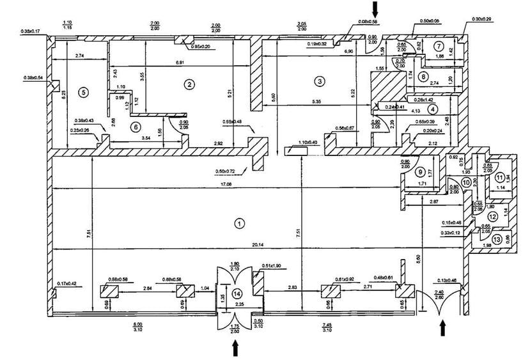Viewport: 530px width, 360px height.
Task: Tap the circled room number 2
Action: pyautogui.click(x=189, y=83)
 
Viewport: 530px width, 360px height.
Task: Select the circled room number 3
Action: pyautogui.click(x=319, y=81)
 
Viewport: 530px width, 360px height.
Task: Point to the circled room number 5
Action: pyautogui.click(x=82, y=91)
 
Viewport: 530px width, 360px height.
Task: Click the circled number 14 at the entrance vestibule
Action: pyautogui.click(x=238, y=293)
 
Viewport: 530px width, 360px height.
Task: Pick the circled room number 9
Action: pyautogui.click(x=420, y=172)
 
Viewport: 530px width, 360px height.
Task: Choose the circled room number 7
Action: pyautogui.click(x=439, y=46)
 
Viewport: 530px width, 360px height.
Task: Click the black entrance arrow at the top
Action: pyautogui.click(x=376, y=8)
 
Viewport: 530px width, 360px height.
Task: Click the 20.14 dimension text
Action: pyautogui.click(x=240, y=244)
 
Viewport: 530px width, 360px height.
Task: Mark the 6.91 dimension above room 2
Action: pyautogui.click(x=184, y=63)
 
